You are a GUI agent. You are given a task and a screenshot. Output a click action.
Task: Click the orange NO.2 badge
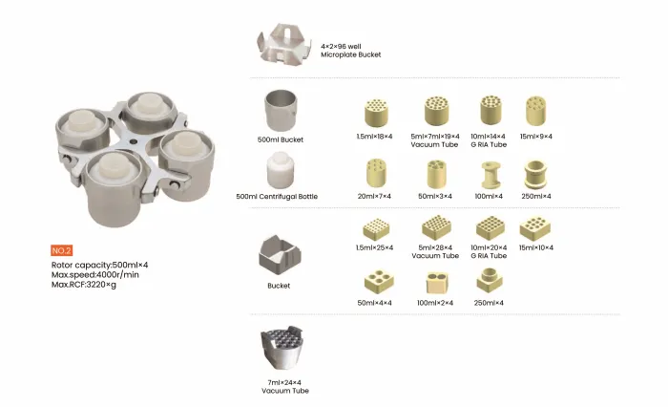click(x=61, y=250)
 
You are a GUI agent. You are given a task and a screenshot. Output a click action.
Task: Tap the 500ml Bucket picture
click(x=281, y=110)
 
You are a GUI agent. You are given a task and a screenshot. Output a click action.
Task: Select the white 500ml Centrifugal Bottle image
click(x=280, y=170)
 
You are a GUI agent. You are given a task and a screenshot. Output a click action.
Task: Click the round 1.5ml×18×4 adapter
click(x=376, y=113)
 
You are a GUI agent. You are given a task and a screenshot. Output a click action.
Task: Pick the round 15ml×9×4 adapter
click(x=535, y=111)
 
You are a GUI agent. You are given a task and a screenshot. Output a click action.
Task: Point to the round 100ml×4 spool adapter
click(x=490, y=175)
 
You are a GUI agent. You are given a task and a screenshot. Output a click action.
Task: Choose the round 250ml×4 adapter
click(x=535, y=174)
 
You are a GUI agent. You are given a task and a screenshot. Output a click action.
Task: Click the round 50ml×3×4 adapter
click(x=436, y=174)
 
